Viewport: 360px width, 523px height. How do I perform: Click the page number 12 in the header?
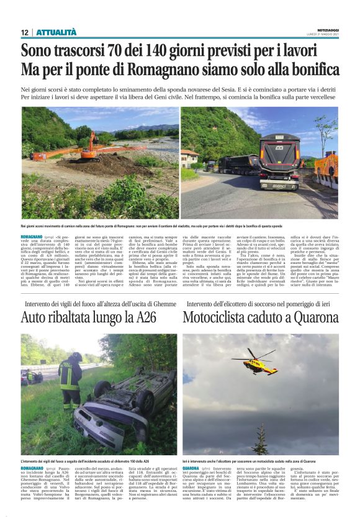24,32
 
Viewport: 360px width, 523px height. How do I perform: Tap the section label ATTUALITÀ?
56,32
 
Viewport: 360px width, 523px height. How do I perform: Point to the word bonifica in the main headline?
311,70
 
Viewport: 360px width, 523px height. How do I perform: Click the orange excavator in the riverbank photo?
91,147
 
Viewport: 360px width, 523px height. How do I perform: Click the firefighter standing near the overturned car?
70,379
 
